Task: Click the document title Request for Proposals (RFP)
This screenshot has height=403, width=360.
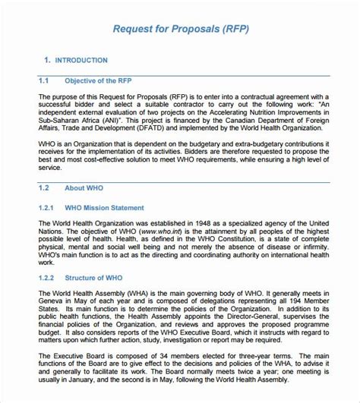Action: (180, 30)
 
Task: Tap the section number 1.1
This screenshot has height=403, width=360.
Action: (43, 80)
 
